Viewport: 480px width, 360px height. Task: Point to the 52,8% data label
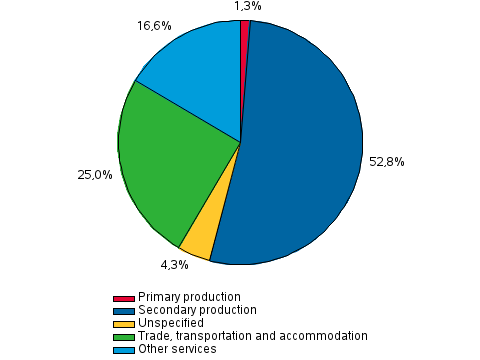[x=386, y=161]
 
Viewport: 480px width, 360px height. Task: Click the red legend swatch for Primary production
[x=124, y=298]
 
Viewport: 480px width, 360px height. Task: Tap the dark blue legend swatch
[x=124, y=311]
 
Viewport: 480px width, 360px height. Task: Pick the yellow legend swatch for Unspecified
[x=124, y=324]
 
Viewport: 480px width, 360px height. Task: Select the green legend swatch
[x=124, y=337]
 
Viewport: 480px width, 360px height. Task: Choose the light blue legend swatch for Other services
[x=124, y=350]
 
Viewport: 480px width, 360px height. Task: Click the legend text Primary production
[x=189, y=298]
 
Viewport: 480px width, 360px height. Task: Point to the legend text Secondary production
[x=197, y=311]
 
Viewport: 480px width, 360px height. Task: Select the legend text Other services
[x=176, y=350]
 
